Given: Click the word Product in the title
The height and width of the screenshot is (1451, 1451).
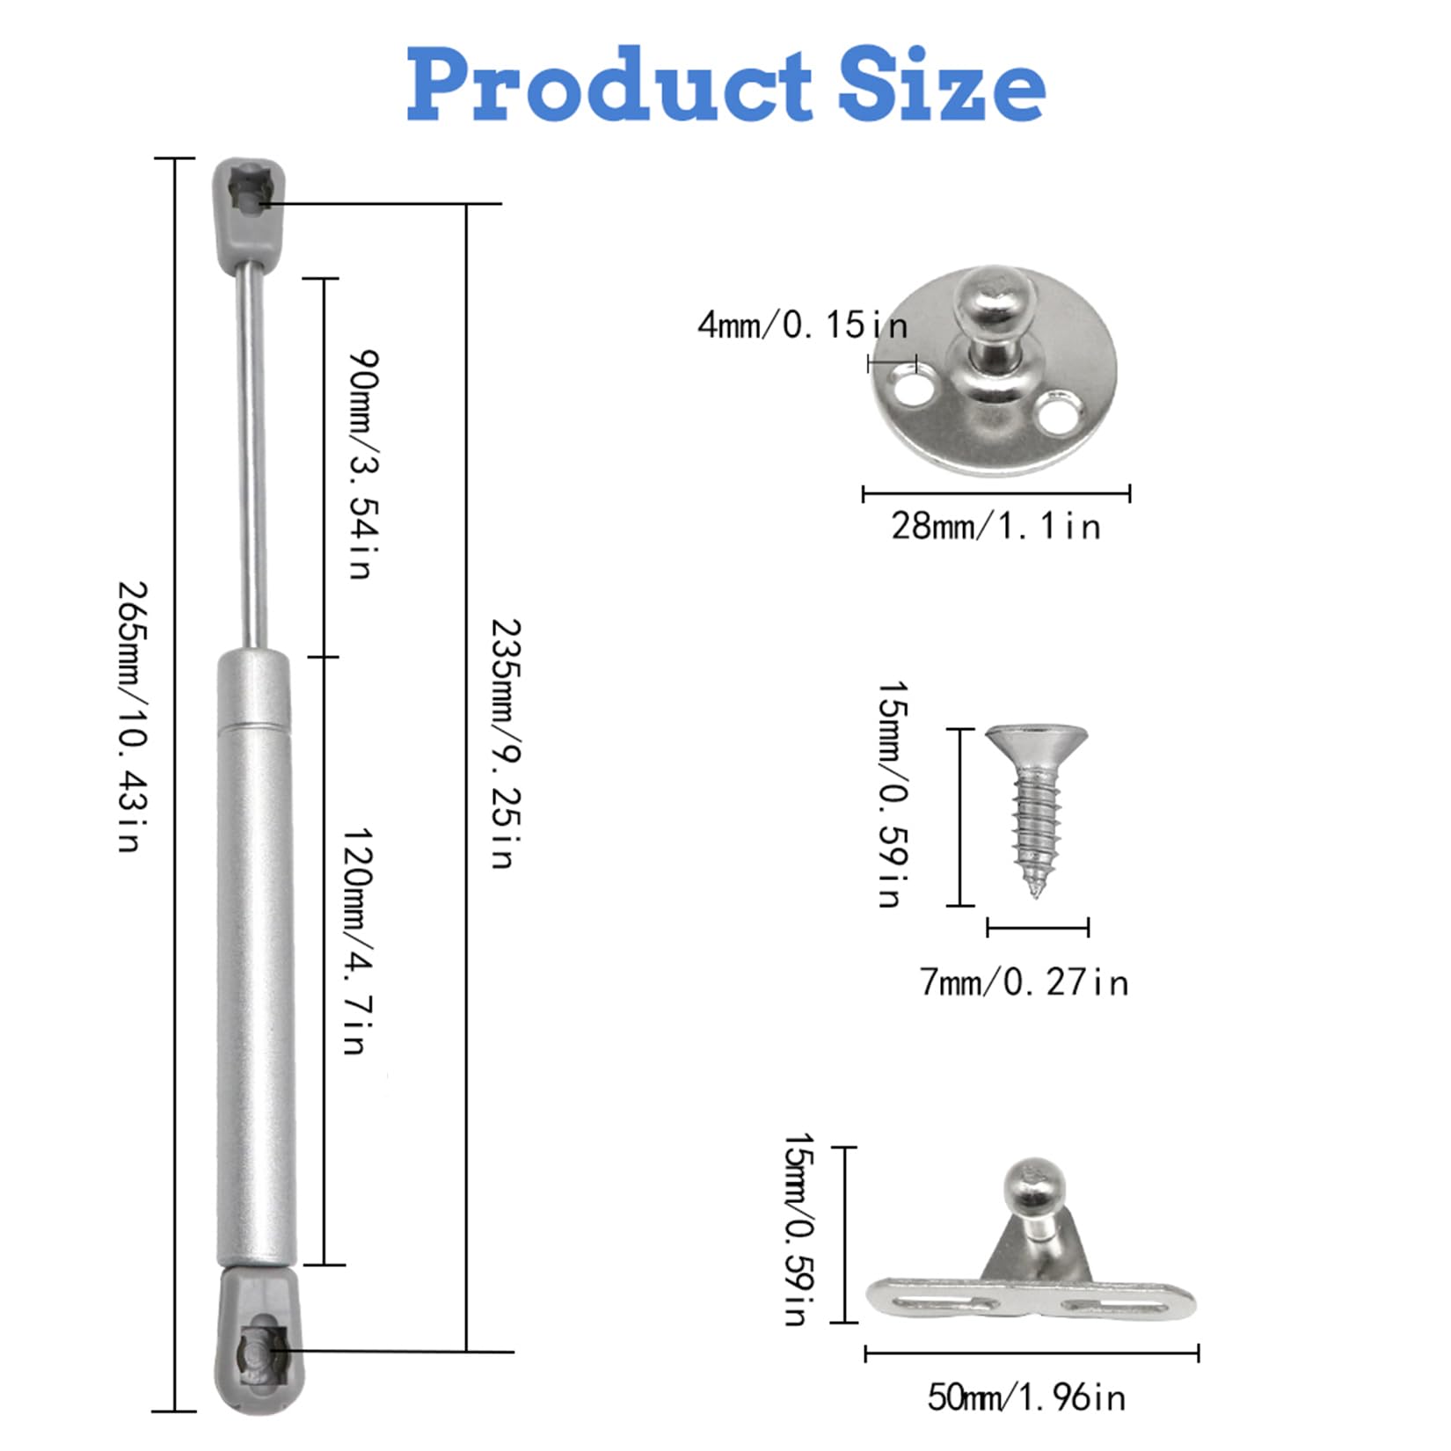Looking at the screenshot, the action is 609,84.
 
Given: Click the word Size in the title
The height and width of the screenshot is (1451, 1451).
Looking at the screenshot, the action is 942,84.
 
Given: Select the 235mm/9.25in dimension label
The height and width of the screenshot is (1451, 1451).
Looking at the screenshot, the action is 505,743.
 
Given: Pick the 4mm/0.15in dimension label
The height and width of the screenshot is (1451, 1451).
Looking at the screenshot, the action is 802,324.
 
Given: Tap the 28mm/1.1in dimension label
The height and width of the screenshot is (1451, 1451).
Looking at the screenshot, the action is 995,526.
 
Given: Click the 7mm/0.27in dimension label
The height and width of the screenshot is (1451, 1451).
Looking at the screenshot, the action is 1024,981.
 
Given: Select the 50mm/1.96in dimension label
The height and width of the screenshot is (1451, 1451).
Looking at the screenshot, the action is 1026,1397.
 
